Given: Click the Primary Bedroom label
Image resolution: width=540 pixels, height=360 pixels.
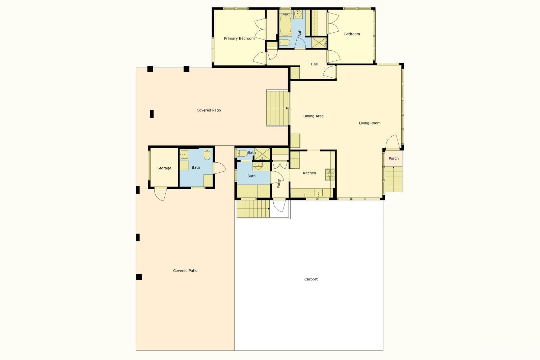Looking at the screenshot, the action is point(239,38).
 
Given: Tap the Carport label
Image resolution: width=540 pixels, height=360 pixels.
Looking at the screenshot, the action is point(311,279).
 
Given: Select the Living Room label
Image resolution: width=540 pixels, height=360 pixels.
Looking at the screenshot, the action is point(370,123).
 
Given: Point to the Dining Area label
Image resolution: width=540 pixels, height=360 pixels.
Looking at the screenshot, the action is point(313,116).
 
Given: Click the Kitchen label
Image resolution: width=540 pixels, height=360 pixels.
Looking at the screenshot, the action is point(309,173).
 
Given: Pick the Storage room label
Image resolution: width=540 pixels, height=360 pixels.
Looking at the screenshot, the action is point(164,168).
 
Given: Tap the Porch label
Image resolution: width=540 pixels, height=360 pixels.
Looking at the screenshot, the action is point(394,158).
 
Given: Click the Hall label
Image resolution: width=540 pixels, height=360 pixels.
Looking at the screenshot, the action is point(314,64).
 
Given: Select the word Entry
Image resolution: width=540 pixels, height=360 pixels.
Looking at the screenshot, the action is point(279,184).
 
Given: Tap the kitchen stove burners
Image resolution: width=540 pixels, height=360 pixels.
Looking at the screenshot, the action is point(330,175).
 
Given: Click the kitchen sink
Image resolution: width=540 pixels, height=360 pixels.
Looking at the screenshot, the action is point(319,193).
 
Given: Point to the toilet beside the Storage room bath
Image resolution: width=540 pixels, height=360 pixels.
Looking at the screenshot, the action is point(207,155).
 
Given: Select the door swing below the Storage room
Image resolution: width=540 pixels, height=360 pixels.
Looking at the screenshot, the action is point(160,195).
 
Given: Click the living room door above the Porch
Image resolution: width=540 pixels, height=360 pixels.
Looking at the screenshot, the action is point(393,141).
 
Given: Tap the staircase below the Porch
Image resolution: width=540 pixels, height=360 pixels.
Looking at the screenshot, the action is point(394,179).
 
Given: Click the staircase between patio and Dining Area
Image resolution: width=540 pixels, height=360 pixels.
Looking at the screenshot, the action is point(277,108).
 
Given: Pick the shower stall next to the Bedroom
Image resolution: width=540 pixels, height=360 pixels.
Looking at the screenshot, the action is point(319,43).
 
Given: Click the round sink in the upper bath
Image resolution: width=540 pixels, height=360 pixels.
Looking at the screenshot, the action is point(298,14).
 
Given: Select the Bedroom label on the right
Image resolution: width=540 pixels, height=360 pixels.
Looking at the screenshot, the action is point(352,34).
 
